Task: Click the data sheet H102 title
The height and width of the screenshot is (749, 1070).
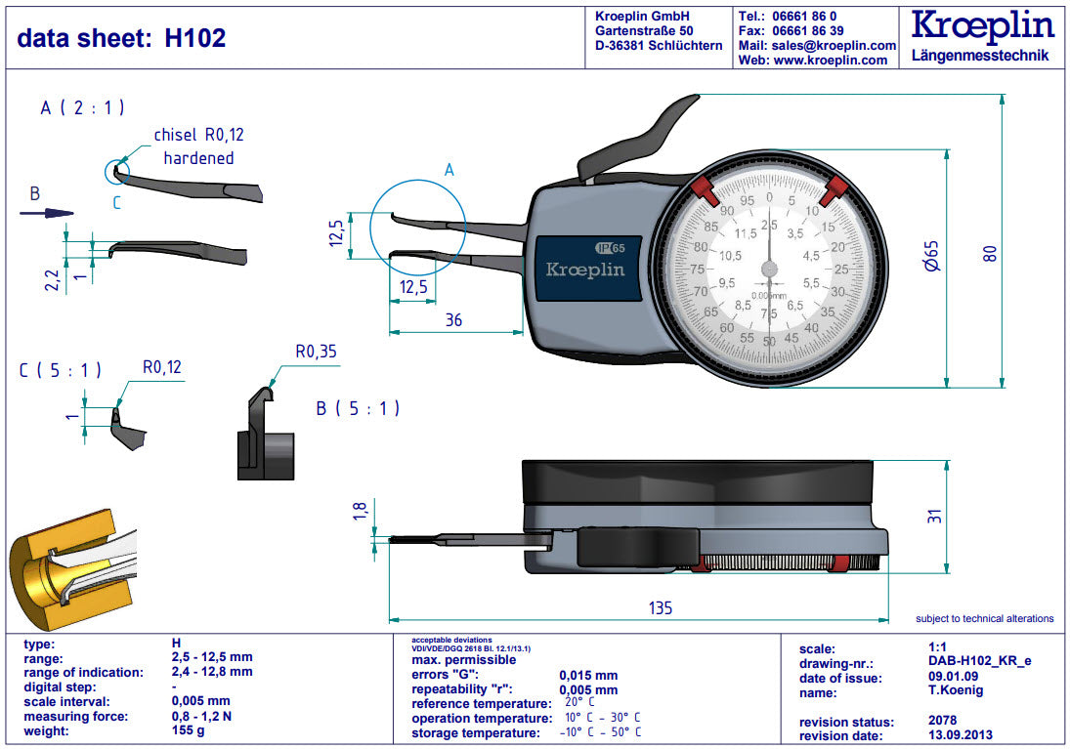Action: point(121,38)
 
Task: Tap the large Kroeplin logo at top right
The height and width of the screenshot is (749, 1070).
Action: point(981,26)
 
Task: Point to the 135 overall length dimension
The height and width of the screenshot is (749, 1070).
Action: point(661,608)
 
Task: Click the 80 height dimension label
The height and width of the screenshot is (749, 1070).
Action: point(989,252)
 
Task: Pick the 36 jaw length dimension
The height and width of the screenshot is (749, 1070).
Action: point(453,319)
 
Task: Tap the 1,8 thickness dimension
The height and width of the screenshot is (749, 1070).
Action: point(359,512)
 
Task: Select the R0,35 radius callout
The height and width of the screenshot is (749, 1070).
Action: point(316,352)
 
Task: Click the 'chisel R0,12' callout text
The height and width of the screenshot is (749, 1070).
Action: point(198,136)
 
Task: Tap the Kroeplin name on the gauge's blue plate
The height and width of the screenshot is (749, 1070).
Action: point(584,270)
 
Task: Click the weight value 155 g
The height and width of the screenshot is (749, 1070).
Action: point(188,730)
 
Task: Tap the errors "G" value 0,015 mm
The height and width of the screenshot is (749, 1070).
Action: point(588,676)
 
